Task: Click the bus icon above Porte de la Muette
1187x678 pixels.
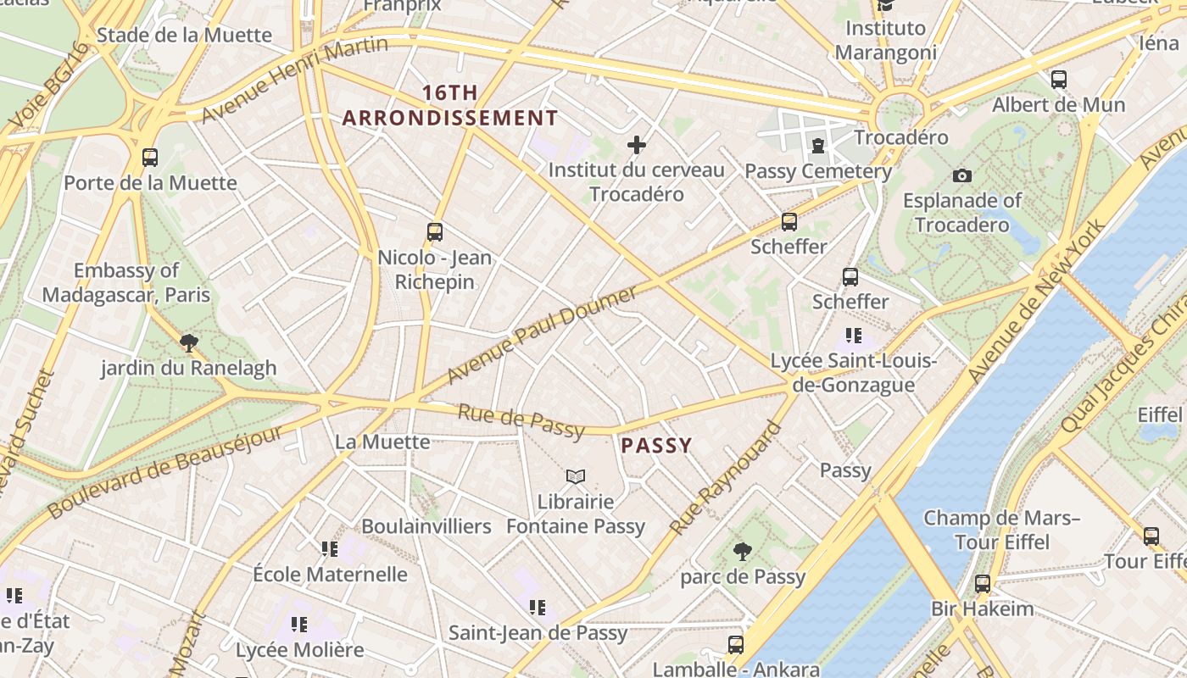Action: pyautogui.click(x=150, y=157)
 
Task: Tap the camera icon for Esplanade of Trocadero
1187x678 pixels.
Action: pyautogui.click(x=961, y=175)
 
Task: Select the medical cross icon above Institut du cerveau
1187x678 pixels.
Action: pyautogui.click(x=637, y=145)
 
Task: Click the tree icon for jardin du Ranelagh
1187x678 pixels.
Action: pyautogui.click(x=189, y=342)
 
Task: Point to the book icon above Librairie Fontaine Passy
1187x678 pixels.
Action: pyautogui.click(x=576, y=476)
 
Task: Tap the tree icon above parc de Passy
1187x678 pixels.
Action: pyautogui.click(x=743, y=552)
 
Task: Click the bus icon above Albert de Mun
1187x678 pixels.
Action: pyautogui.click(x=1059, y=80)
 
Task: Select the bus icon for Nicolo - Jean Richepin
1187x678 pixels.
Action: pyautogui.click(x=435, y=231)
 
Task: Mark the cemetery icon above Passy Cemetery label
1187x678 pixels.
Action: pyautogui.click(x=818, y=147)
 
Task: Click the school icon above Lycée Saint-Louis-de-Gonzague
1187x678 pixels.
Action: pyautogui.click(x=854, y=336)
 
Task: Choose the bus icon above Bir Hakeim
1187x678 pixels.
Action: pyautogui.click(x=982, y=583)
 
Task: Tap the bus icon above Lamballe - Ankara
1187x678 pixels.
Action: pyautogui.click(x=736, y=644)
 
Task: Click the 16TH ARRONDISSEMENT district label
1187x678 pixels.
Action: pyautogui.click(x=450, y=106)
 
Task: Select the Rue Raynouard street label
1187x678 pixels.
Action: pyautogui.click(x=725, y=478)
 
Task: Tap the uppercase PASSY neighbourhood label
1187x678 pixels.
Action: pyautogui.click(x=656, y=445)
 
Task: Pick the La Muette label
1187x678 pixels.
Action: pyautogui.click(x=382, y=442)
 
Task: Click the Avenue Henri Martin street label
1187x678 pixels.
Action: pyautogui.click(x=294, y=79)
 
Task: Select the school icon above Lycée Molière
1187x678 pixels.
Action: pyautogui.click(x=299, y=625)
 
